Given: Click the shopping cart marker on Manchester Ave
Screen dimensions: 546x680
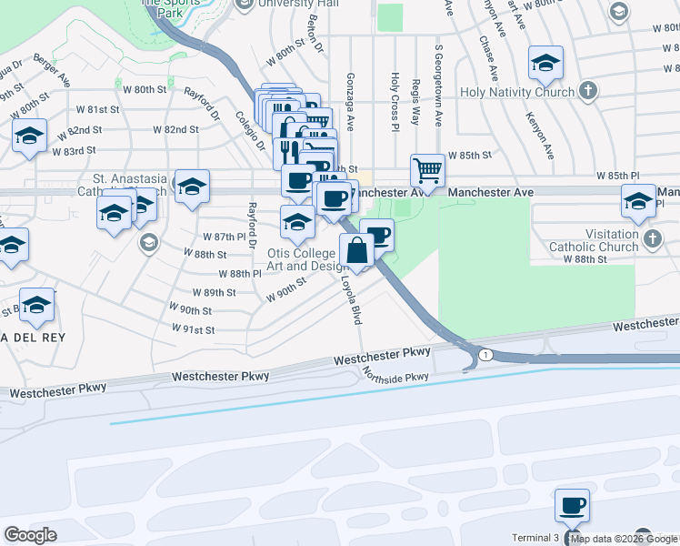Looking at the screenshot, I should tap(427, 169).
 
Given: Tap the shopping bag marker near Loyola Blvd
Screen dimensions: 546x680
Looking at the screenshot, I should tap(356, 249).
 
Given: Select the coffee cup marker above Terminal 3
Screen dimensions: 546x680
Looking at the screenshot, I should tap(572, 505).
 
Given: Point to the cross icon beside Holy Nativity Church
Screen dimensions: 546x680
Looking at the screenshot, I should tap(588, 90).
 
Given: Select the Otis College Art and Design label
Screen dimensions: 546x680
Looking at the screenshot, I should tap(308, 259).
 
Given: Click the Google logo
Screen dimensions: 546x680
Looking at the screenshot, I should tap(30, 535).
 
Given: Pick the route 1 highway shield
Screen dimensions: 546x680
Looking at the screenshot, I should tap(487, 354).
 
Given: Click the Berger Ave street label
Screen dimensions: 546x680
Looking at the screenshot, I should tap(52, 68).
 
